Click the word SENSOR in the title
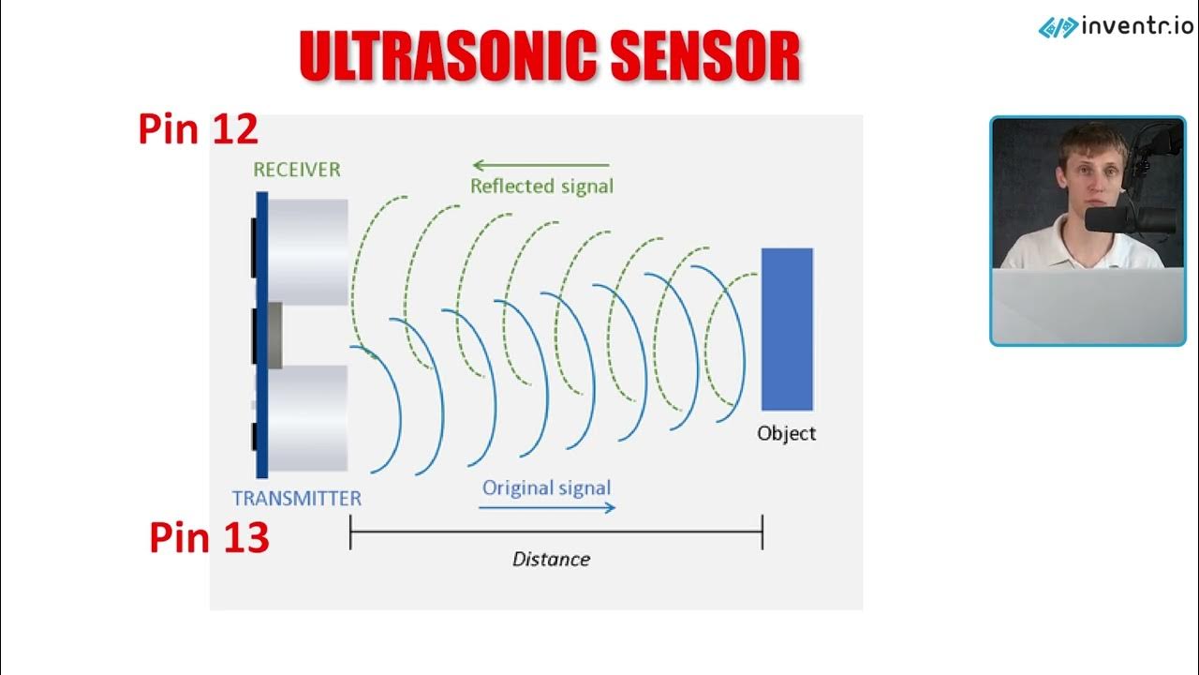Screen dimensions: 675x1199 click(x=704, y=56)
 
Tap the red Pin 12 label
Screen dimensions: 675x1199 click(x=198, y=129)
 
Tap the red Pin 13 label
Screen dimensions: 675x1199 click(x=209, y=538)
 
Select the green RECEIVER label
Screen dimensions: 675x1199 click(x=296, y=170)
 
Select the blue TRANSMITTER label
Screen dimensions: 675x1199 click(x=296, y=498)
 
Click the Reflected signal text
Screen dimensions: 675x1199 click(x=541, y=186)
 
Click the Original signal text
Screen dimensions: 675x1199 click(x=546, y=487)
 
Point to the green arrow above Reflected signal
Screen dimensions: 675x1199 click(x=540, y=166)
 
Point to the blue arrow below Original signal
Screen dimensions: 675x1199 click(x=547, y=507)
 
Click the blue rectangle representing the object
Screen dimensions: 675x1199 click(x=787, y=329)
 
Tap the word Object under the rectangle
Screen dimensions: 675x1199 click(x=786, y=433)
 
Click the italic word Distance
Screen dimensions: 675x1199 click(x=551, y=559)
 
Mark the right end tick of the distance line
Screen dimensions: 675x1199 click(x=762, y=532)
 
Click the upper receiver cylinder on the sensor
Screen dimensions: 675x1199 click(x=308, y=250)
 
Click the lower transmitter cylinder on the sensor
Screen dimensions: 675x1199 click(x=308, y=417)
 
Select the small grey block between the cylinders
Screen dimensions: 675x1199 click(x=274, y=335)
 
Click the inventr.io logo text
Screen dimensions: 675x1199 click(x=1137, y=26)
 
